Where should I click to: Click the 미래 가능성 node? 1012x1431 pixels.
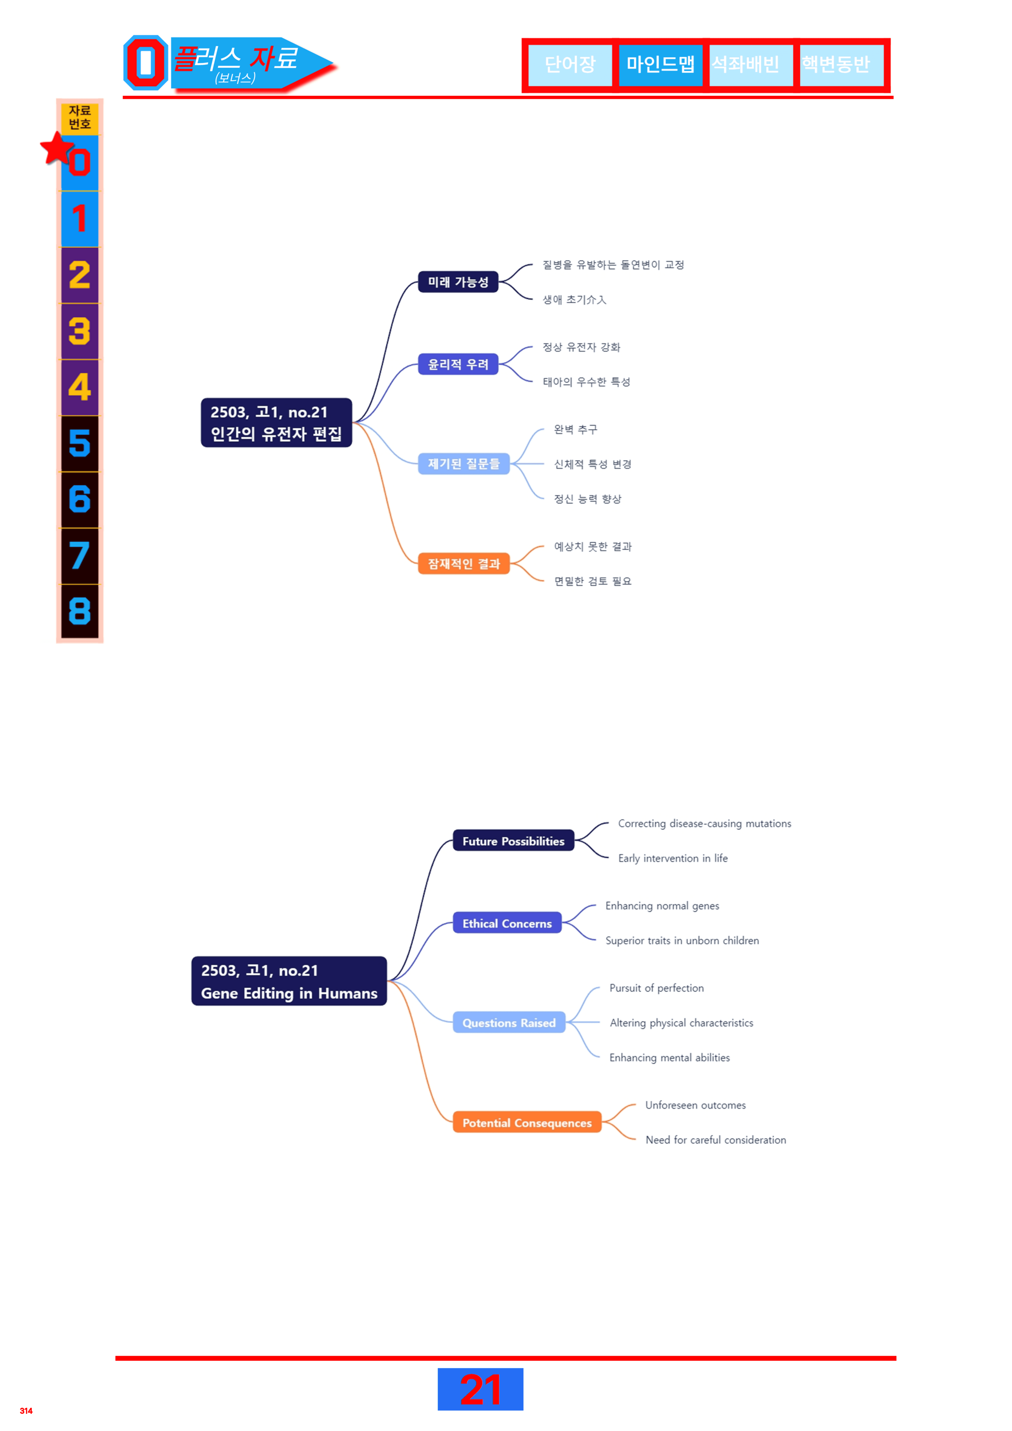458,282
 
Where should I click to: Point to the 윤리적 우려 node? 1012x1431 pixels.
458,364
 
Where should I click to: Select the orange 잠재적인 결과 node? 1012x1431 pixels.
464,563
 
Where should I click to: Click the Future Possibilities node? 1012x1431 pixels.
513,841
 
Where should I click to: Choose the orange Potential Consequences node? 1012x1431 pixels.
527,1123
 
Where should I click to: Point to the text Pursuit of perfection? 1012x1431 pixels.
656,988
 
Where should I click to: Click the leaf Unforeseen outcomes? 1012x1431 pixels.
695,1105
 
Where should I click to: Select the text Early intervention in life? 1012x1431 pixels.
673,858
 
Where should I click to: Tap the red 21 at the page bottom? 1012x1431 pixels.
480,1389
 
